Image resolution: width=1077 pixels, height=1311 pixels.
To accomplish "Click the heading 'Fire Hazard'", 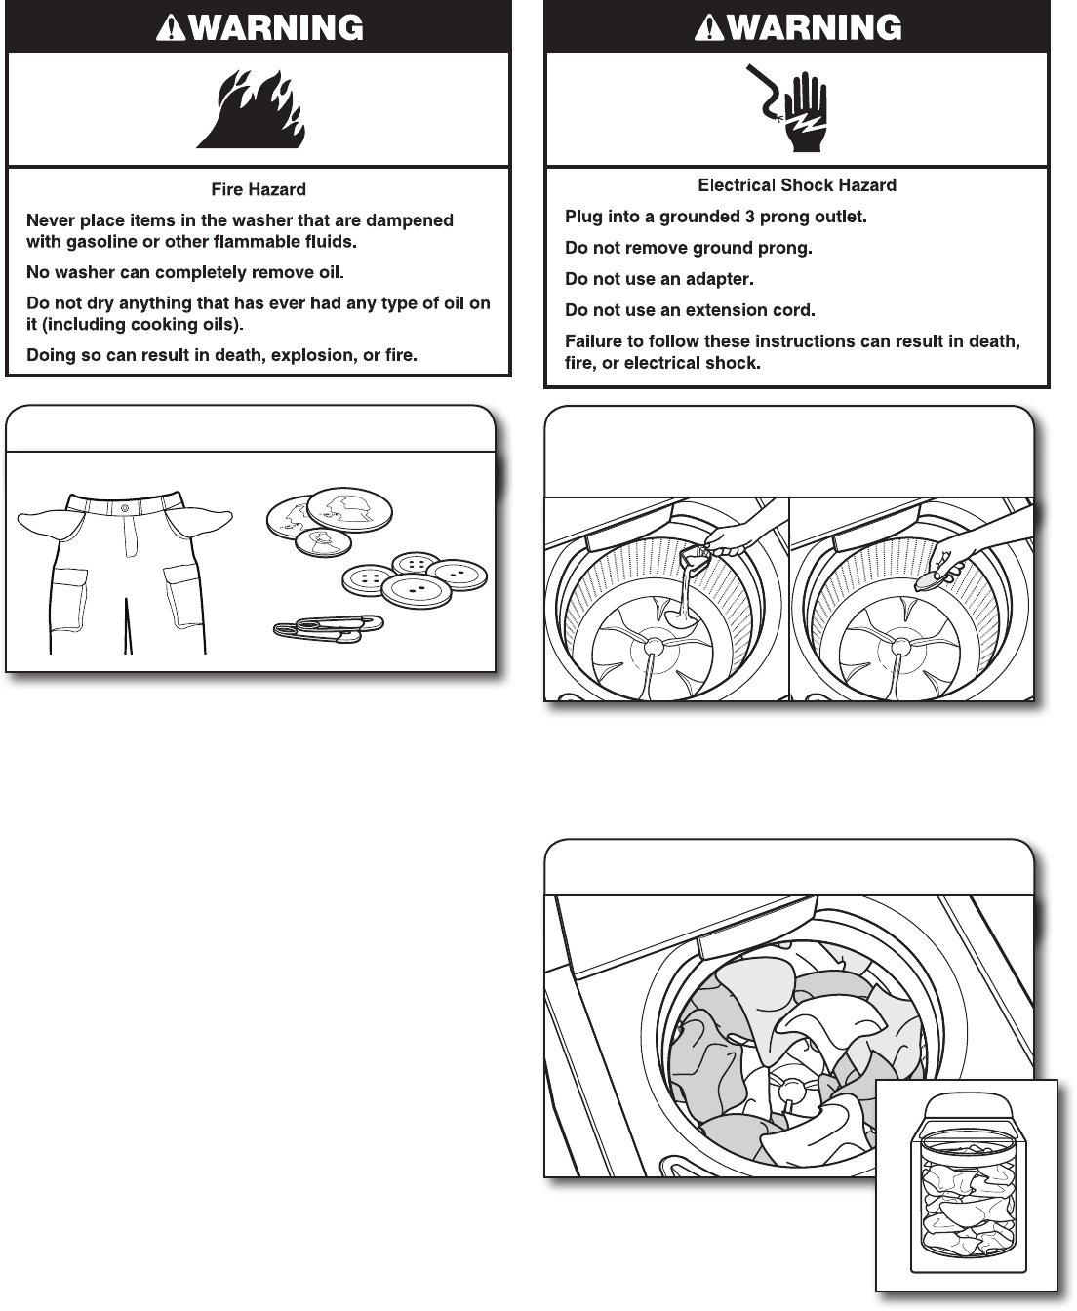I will (259, 189).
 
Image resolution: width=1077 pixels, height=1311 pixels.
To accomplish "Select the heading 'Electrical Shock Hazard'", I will (797, 184).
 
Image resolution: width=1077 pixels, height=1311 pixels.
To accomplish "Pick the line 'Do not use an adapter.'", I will (659, 279).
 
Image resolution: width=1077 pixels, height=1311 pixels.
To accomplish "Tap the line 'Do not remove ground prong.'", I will (689, 248).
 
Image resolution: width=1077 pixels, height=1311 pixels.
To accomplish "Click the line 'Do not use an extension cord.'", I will (690, 310).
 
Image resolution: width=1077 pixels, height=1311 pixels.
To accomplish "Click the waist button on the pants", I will (124, 508).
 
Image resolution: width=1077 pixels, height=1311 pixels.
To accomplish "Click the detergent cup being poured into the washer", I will (696, 556).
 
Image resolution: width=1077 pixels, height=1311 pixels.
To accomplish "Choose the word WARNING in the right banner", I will (814, 27).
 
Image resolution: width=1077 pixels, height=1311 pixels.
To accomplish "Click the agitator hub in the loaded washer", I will (789, 1085).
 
